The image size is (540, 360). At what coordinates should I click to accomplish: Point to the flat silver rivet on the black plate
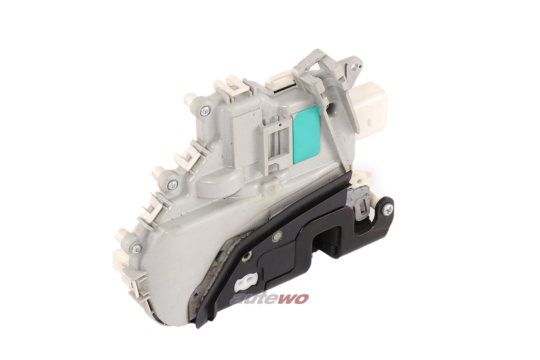point(279,233)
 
